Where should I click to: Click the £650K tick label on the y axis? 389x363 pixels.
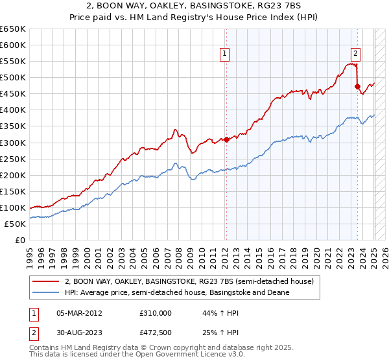pyautogui.click(x=13, y=29)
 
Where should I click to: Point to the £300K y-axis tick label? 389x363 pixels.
pyautogui.click(x=13, y=143)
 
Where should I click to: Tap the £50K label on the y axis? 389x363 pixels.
pyautogui.click(x=16, y=224)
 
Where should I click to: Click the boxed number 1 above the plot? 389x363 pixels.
pyautogui.click(x=224, y=54)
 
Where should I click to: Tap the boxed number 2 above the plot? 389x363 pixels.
pyautogui.click(x=356, y=54)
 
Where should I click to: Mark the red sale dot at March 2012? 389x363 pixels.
pyautogui.click(x=226, y=139)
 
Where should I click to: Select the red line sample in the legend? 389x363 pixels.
pyautogui.click(x=46, y=281)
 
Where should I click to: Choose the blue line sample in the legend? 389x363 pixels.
pyautogui.click(x=46, y=292)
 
